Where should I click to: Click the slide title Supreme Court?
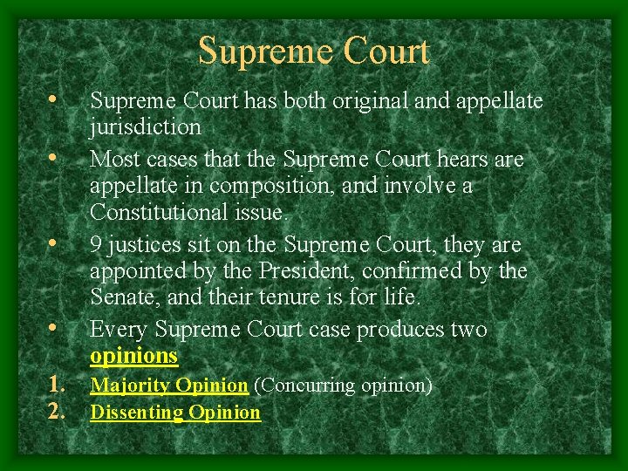(x=314, y=51)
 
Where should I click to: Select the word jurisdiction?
(x=146, y=127)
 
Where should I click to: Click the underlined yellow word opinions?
(x=134, y=357)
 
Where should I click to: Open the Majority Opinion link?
(x=170, y=385)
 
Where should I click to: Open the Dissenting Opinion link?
(x=175, y=413)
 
